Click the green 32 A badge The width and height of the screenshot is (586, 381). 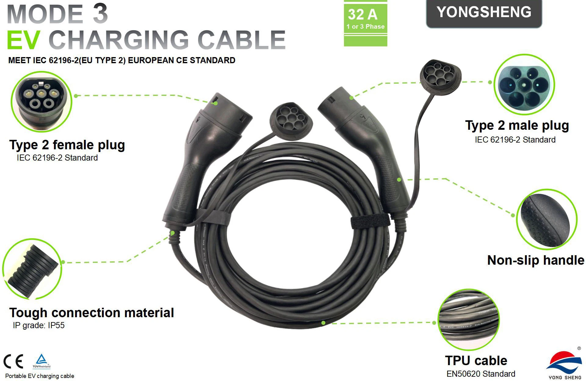point(365,23)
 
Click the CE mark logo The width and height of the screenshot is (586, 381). point(13,362)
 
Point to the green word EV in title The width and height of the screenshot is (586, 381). point(23,40)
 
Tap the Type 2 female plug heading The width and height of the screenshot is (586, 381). point(67,145)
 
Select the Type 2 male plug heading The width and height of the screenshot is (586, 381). point(517,125)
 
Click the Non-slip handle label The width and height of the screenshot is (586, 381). point(536,260)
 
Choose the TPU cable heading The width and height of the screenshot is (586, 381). point(476,361)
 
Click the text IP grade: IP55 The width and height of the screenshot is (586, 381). point(39,325)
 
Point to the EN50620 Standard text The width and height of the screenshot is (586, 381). point(481,374)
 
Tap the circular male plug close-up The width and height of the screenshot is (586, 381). point(524,85)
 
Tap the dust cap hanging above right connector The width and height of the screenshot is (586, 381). point(440,73)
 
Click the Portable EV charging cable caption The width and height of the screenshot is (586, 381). point(40,376)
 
